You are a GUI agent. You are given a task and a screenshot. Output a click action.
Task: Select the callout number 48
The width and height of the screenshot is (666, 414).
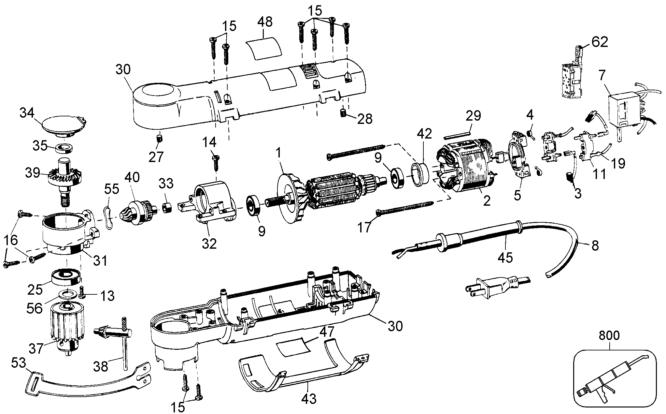[x=265, y=22]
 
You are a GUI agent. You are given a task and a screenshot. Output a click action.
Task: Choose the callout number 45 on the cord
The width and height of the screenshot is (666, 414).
[x=505, y=258]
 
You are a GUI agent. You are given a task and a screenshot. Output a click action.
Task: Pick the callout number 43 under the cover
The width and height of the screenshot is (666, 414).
[x=309, y=398]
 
